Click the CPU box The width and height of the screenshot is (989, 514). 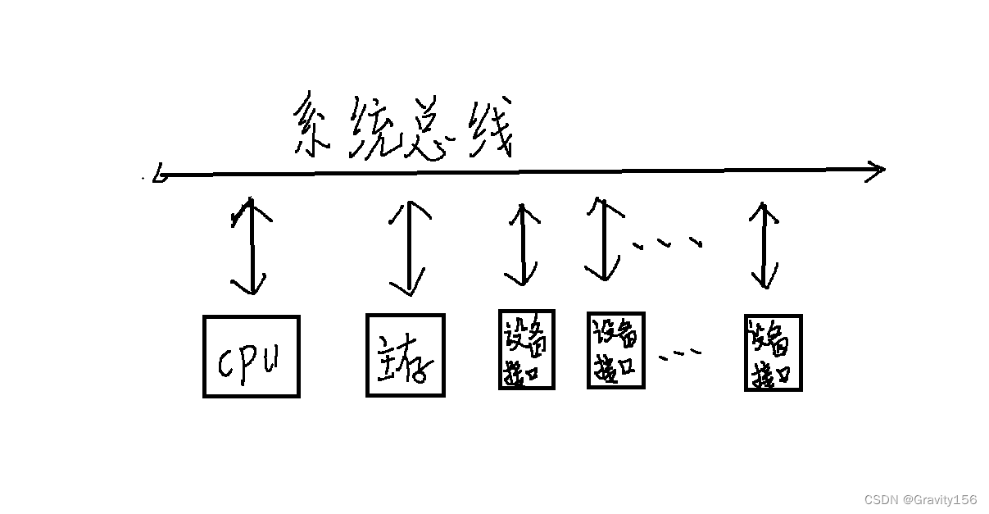pyautogui.click(x=251, y=357)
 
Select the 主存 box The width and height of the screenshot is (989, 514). pyautogui.click(x=405, y=355)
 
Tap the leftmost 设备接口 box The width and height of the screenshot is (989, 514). pyautogui.click(x=526, y=349)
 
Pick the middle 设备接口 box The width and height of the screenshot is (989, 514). pyautogui.click(x=615, y=349)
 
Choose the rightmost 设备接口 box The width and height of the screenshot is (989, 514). pyautogui.click(x=772, y=353)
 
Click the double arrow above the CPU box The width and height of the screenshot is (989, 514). pyautogui.click(x=249, y=245)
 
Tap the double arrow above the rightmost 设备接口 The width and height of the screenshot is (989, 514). pyautogui.click(x=764, y=246)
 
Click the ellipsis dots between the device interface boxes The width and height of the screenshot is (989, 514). pyautogui.click(x=680, y=354)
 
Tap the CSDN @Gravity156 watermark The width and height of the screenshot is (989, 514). pyautogui.click(x=920, y=499)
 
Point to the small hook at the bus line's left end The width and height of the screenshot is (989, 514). pyautogui.click(x=159, y=175)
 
